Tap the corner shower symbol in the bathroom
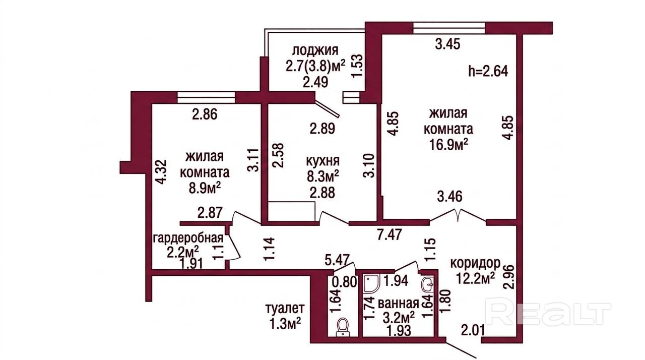(x=372, y=284)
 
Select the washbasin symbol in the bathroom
(x=428, y=286)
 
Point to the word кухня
(x=322, y=161)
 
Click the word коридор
(x=475, y=263)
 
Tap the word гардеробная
(x=188, y=238)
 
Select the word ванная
(x=398, y=304)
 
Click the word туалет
(x=285, y=309)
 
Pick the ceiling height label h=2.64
(x=488, y=71)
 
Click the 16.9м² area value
(x=448, y=145)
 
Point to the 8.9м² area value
(x=205, y=189)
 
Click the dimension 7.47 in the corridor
(x=389, y=234)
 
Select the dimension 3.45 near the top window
(x=447, y=44)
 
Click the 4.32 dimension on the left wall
(x=161, y=172)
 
